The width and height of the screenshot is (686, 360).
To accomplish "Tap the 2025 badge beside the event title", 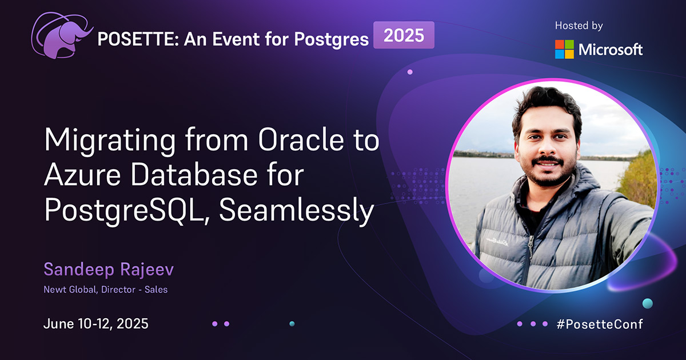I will (x=404, y=35).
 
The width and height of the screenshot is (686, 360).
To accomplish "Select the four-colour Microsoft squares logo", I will (x=564, y=49).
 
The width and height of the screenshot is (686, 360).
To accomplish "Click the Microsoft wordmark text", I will (x=611, y=50).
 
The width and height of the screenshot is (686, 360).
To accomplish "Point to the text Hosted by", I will (x=579, y=26).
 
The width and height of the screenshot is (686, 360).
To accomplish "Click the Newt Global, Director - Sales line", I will (x=106, y=289).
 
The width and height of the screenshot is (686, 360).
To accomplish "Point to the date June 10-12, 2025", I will (x=96, y=324).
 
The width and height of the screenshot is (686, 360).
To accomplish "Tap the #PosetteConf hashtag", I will (x=600, y=324).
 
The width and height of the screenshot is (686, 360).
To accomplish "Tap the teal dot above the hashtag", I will (x=647, y=303).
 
